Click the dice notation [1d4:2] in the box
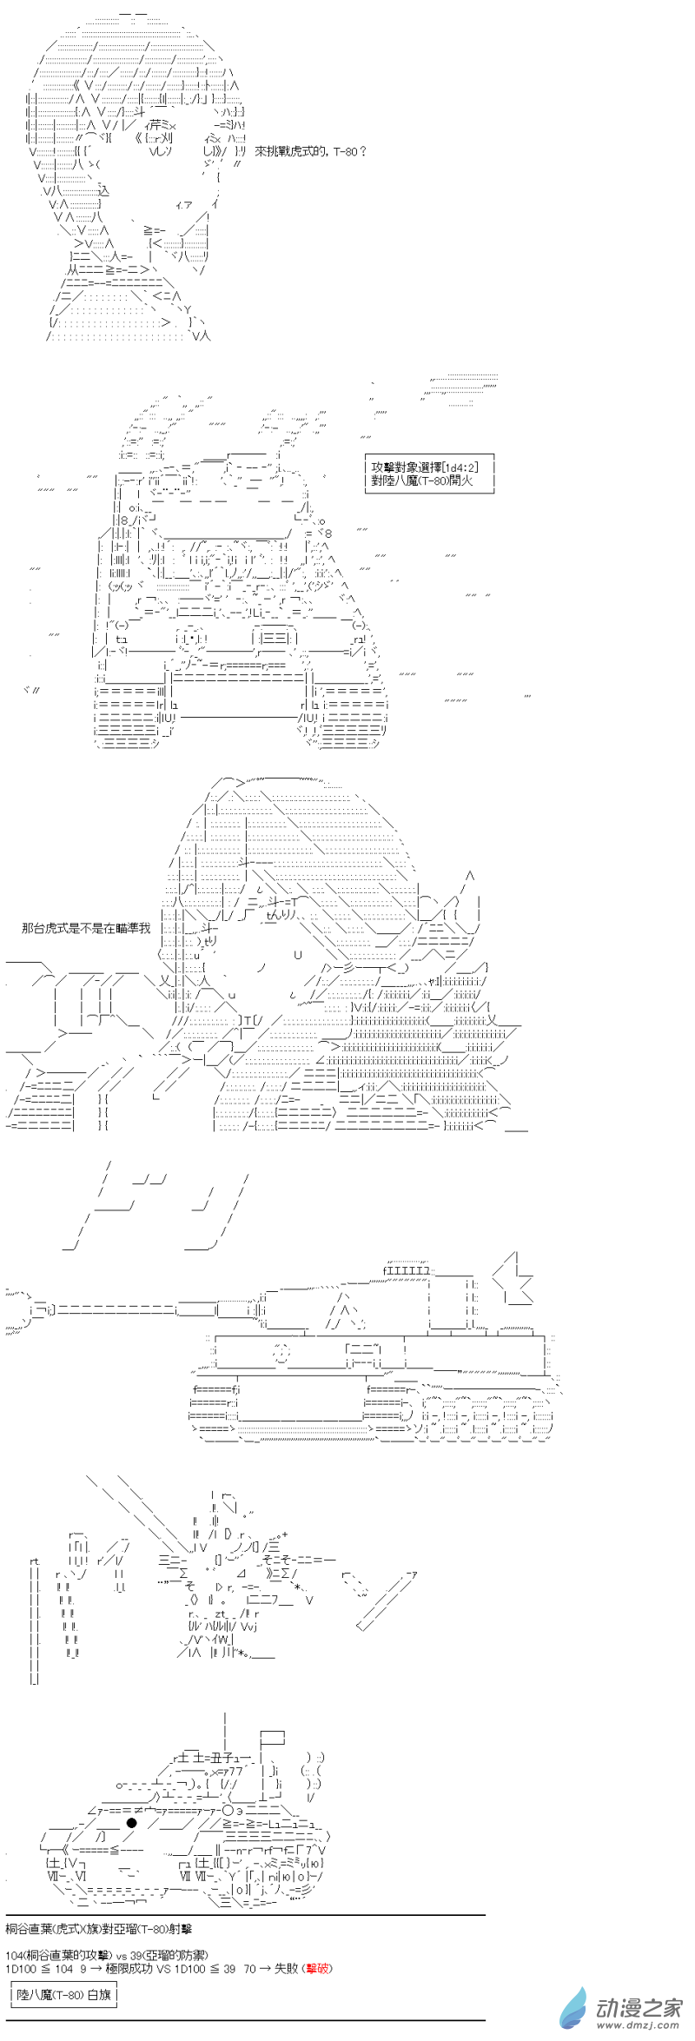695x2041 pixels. tap(460, 467)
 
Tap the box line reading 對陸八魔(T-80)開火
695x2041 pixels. tap(421, 480)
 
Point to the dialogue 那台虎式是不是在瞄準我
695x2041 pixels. tap(86, 928)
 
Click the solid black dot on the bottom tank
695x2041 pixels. tap(132, 1823)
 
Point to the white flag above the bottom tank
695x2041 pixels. tap(272, 1738)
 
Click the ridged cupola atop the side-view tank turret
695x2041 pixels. tap(406, 1270)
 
